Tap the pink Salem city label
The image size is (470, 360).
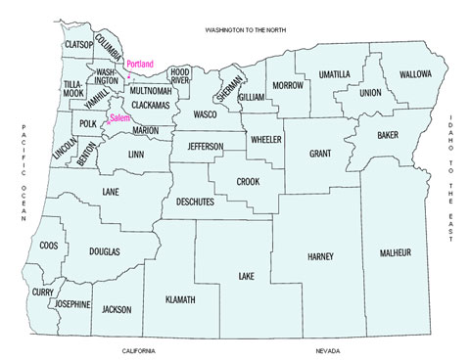[x=119, y=117]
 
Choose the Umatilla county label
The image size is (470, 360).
[x=335, y=74]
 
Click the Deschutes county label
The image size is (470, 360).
[x=200, y=206]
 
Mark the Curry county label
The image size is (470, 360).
[x=42, y=292]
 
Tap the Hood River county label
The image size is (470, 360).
[x=180, y=76]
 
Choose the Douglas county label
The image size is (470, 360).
[x=105, y=252]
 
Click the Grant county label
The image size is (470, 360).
[x=320, y=154]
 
